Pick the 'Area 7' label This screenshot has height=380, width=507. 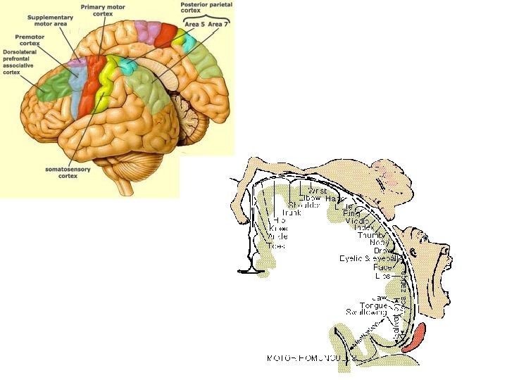[x=219, y=25]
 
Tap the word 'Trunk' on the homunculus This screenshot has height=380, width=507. [x=292, y=212]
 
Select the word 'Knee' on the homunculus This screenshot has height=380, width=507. [x=278, y=229]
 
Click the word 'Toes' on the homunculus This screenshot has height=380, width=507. [x=277, y=246]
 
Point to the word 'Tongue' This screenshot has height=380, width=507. [x=373, y=305]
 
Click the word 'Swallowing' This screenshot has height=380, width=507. [x=366, y=312]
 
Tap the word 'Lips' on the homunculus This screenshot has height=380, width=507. [x=383, y=276]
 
